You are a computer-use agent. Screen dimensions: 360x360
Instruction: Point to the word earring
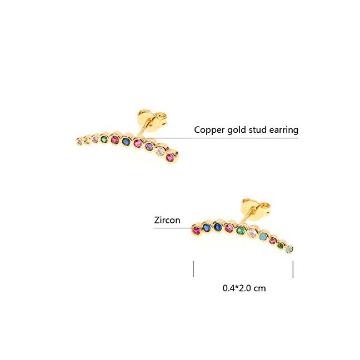[x=284, y=130]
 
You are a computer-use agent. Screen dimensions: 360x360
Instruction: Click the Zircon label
[x=167, y=220]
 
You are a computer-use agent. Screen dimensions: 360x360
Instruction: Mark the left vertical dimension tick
[x=193, y=268]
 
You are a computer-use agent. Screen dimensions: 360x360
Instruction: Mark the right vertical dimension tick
[x=293, y=268]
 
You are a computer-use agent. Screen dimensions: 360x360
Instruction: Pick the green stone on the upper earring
[x=104, y=138]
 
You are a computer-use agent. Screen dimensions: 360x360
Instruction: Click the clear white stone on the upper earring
[x=161, y=151]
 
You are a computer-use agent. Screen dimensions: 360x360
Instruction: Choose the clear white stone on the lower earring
[x=252, y=231]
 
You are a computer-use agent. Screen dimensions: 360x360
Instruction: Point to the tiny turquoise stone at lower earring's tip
[x=289, y=251]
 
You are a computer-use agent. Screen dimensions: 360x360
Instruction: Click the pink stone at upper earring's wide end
[x=171, y=158]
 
